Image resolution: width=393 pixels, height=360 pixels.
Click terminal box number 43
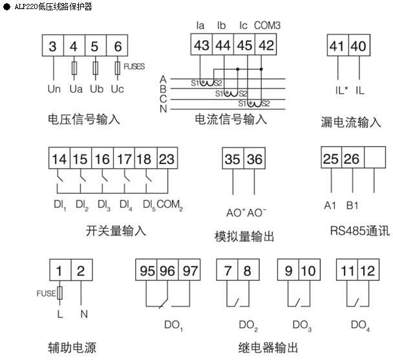click(x=202, y=46)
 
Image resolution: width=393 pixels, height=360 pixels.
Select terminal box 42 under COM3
click(x=264, y=46)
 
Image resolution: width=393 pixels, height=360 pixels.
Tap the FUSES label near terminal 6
click(x=134, y=66)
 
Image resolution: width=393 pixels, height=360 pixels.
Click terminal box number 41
click(x=337, y=47)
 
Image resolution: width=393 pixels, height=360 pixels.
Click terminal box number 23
click(x=167, y=160)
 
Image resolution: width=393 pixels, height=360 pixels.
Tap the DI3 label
click(x=102, y=205)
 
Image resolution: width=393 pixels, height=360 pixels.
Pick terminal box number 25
click(x=331, y=160)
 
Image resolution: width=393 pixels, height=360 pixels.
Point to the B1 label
click(x=352, y=206)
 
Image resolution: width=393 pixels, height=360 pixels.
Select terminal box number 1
click(x=59, y=270)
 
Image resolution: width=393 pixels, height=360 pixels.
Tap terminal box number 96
click(x=167, y=271)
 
